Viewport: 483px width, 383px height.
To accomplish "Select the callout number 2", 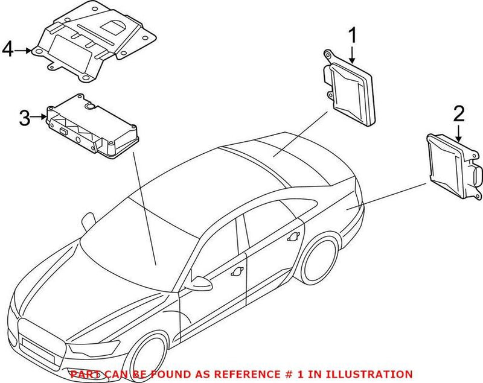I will [x=459, y=113].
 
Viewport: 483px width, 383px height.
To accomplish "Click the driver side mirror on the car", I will [x=200, y=282].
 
